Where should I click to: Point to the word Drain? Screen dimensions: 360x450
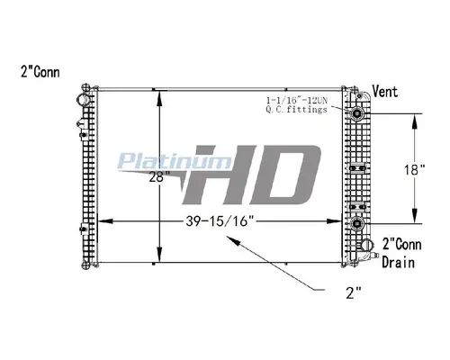tap(395, 257)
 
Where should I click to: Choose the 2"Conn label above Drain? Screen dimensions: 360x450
tap(401, 242)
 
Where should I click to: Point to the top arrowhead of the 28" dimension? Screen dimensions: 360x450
tap(159, 92)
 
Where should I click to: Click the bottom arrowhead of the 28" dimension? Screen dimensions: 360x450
tap(159, 261)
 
